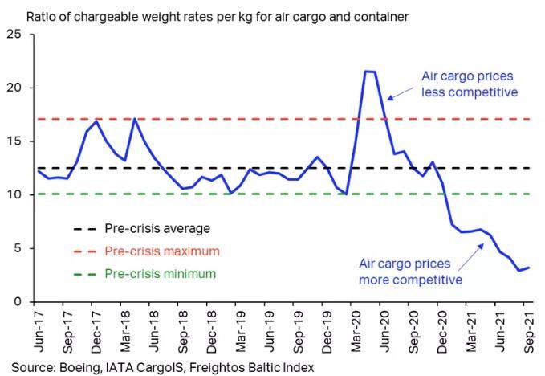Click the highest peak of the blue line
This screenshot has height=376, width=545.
tap(369, 72)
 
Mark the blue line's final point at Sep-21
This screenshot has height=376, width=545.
tap(527, 268)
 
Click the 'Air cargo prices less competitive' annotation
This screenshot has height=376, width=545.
tap(470, 84)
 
